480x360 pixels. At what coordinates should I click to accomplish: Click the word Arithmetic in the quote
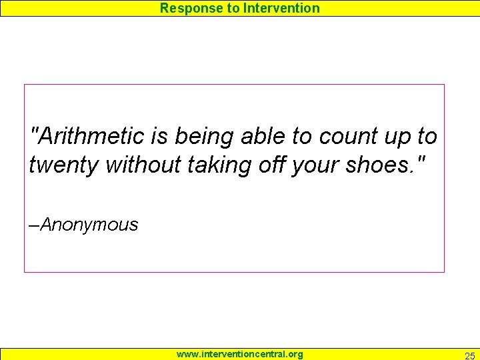tap(93, 137)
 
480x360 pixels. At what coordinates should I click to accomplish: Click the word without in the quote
tap(143, 164)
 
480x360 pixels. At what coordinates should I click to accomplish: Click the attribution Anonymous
tap(89, 225)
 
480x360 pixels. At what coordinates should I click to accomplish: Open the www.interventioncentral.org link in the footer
tap(239, 354)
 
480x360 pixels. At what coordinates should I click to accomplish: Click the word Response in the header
tap(183, 9)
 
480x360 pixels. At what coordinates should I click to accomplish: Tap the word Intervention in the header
tap(282, 8)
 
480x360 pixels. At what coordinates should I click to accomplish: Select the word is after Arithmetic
tap(159, 137)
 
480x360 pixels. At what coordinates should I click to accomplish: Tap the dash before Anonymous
tap(35, 225)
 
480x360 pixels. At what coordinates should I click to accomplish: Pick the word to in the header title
tap(233, 9)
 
